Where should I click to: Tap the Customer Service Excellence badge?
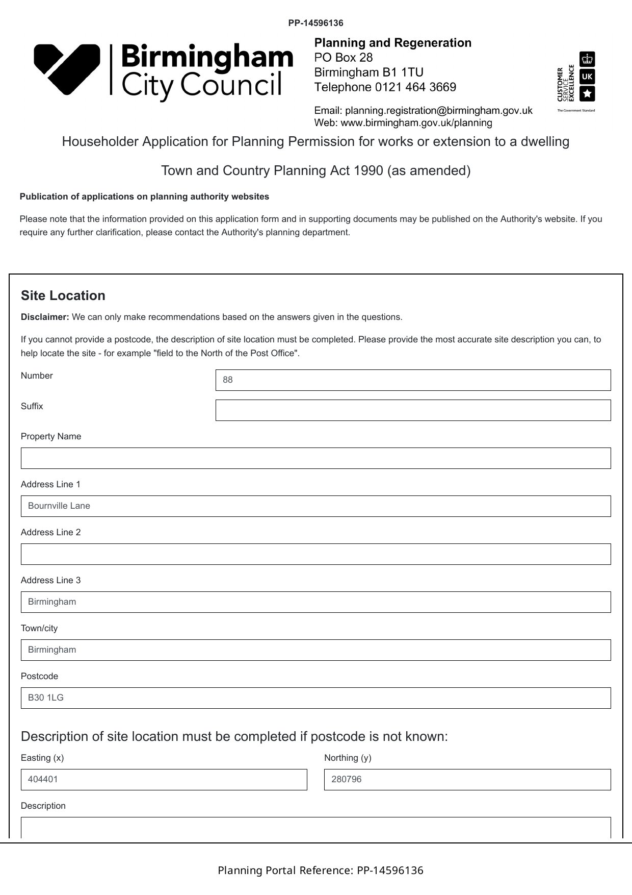coord(576,82)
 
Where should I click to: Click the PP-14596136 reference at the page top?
coord(315,23)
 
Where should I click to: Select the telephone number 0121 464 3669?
coord(415,87)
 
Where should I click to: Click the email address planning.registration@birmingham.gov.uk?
coord(438,110)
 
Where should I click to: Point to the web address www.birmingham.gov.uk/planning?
coord(416,122)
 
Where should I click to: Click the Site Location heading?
coord(63,295)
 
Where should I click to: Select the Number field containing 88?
coord(413,380)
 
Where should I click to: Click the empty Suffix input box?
coord(413,410)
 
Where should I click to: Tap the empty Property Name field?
coord(315,458)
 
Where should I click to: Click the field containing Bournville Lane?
coord(315,506)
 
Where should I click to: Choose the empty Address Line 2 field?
coord(315,554)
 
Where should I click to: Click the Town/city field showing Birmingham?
coord(315,650)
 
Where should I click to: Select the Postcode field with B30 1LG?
coord(315,698)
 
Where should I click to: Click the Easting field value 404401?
coord(164,780)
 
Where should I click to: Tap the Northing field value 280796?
coord(467,780)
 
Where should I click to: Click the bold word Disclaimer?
coord(45,317)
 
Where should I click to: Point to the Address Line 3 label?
coord(50,580)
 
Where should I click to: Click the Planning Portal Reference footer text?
coord(321,871)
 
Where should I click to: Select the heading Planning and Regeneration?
coord(392,43)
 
